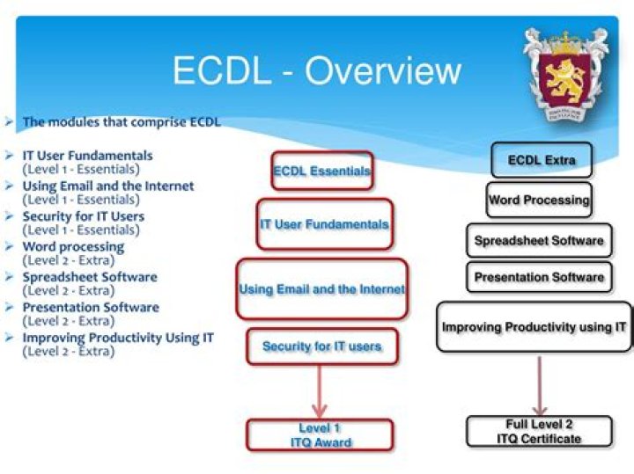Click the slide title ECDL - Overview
(x=316, y=70)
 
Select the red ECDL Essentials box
(x=321, y=171)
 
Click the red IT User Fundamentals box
(x=323, y=224)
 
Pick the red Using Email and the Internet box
(x=321, y=288)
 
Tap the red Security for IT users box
(x=321, y=346)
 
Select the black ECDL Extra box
(x=542, y=160)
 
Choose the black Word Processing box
(x=539, y=200)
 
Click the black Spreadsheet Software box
(x=539, y=240)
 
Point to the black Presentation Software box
(x=539, y=277)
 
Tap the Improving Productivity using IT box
(x=534, y=327)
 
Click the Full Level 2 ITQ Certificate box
(x=539, y=432)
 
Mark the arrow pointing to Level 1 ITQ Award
(x=320, y=391)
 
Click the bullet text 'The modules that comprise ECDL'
(x=122, y=122)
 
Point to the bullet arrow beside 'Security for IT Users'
(x=8, y=216)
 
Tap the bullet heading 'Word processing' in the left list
(x=73, y=247)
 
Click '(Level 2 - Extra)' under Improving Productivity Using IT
(x=69, y=351)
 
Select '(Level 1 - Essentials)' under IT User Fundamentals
(x=81, y=169)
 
